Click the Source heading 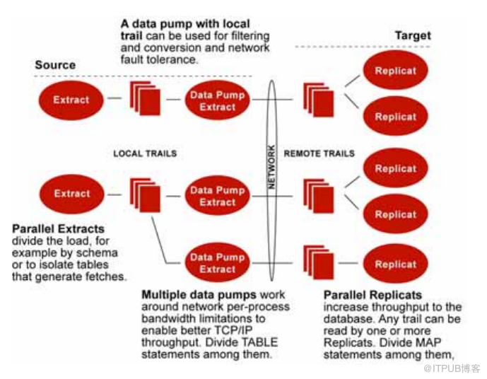(55, 65)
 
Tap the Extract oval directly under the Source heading (72, 100)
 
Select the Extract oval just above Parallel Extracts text (72, 193)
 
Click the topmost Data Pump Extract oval (217, 100)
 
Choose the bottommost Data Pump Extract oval (217, 263)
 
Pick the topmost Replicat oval (396, 71)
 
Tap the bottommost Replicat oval (396, 264)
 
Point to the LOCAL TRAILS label (145, 153)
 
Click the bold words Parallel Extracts (59, 230)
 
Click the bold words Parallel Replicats (372, 294)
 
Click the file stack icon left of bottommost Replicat (317, 262)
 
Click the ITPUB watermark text (452, 368)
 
